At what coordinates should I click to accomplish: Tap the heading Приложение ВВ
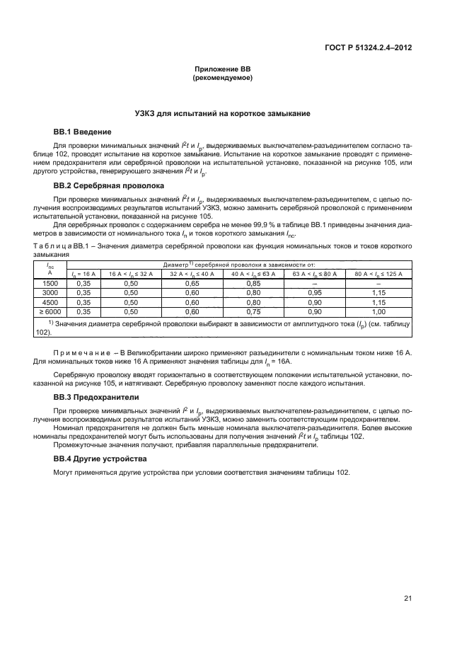click(223, 69)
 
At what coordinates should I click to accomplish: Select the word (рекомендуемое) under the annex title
click(223, 77)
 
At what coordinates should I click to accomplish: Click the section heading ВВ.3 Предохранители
click(94, 397)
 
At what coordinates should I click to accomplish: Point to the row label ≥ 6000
click(50, 311)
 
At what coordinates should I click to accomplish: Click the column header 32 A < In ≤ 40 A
click(192, 274)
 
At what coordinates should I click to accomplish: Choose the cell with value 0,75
click(253, 311)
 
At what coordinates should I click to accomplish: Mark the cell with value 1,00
click(378, 311)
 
